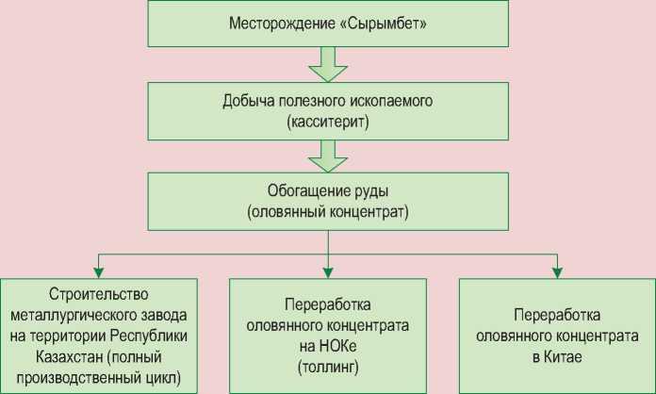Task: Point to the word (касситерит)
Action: click(328, 123)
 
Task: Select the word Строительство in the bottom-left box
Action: click(100, 294)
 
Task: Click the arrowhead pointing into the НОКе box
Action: click(328, 273)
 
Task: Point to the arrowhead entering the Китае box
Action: click(557, 273)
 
